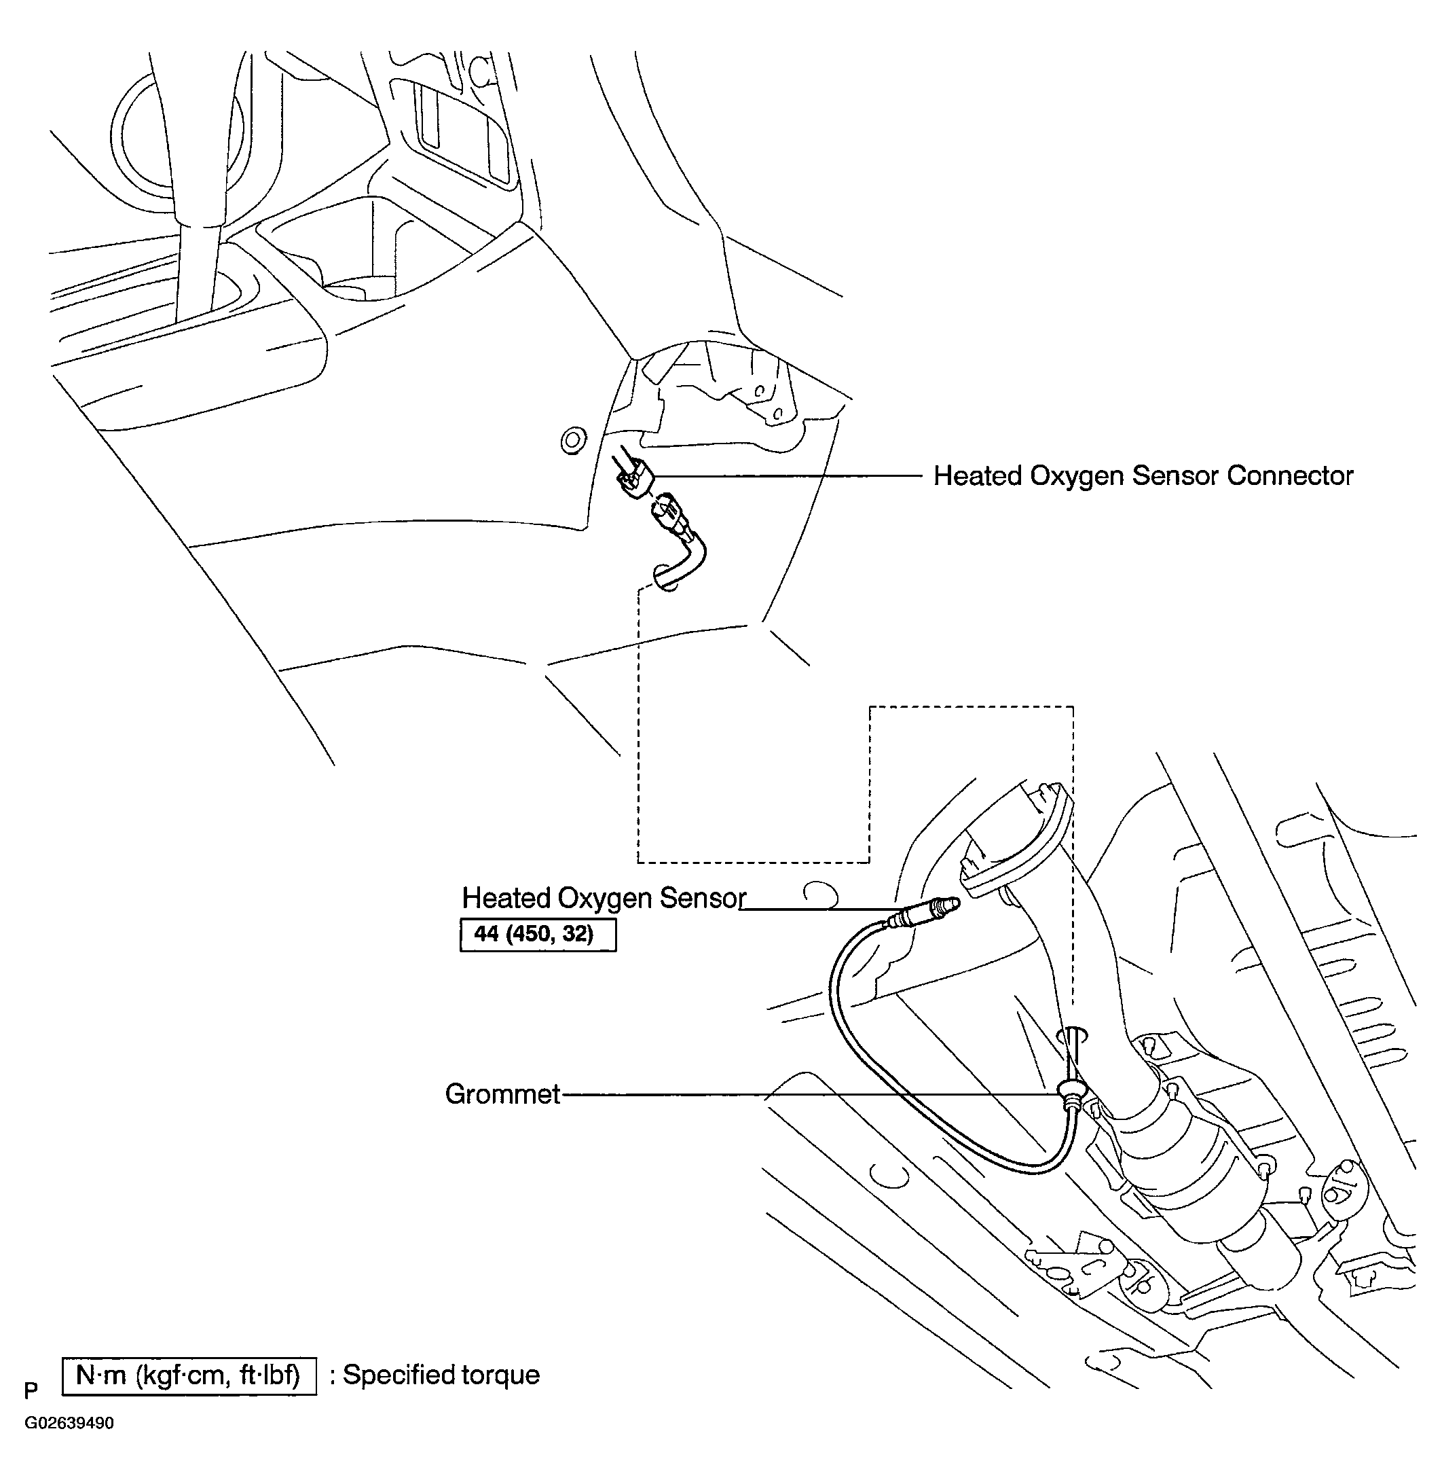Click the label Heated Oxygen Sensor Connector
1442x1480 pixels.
1142,476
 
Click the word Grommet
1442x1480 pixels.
502,1094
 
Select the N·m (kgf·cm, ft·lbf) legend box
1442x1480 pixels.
189,1375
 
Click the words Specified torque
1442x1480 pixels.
441,1375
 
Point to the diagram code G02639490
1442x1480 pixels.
69,1423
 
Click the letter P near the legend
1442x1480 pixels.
31,1390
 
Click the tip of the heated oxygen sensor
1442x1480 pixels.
953,903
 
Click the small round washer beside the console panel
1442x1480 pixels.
573,439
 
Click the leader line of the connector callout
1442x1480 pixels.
788,476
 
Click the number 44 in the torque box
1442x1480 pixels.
486,934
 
